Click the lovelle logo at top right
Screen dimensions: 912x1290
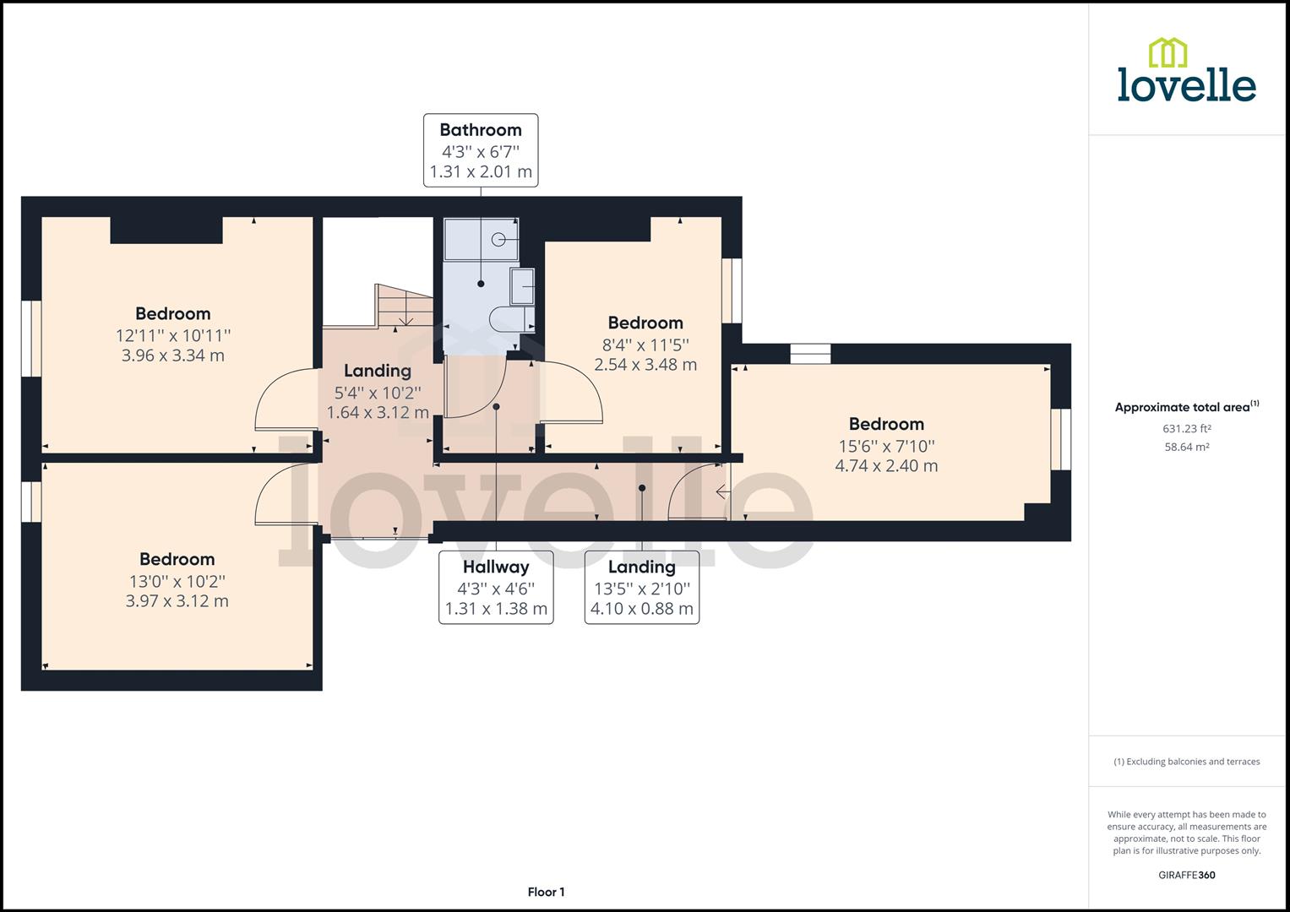click(1186, 71)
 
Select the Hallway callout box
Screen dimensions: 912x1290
click(496, 588)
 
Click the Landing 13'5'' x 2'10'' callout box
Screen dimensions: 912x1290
click(641, 588)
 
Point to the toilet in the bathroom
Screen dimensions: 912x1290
click(510, 318)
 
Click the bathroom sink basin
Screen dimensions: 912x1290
click(523, 287)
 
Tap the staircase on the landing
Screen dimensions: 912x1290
click(404, 306)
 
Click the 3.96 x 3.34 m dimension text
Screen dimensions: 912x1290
click(173, 356)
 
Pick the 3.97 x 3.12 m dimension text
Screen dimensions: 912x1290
click(177, 601)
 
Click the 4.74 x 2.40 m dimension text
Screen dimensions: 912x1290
click(886, 466)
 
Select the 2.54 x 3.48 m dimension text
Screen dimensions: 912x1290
click(645, 365)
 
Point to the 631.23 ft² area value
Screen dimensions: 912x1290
click(1186, 429)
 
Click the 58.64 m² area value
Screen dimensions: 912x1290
click(1186, 448)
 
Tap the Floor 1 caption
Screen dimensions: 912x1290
click(546, 892)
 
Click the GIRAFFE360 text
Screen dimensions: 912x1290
click(1186, 875)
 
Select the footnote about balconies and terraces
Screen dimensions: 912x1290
click(1186, 762)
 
